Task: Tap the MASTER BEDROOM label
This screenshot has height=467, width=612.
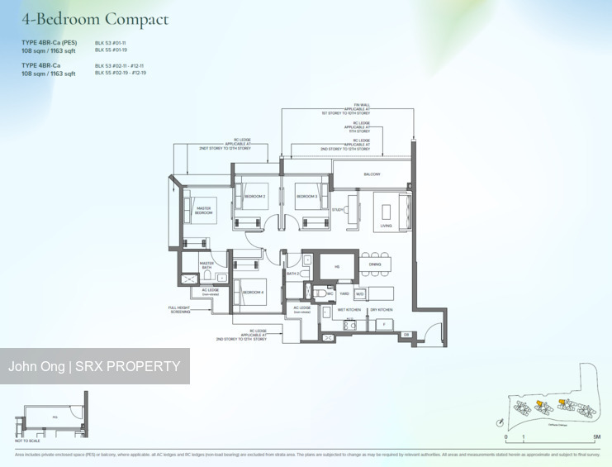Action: pos(203,211)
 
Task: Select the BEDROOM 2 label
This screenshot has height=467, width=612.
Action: pos(254,197)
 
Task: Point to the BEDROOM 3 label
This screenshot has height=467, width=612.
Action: pos(307,197)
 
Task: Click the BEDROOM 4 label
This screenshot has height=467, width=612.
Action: pos(254,292)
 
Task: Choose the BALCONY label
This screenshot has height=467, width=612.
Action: pos(372,174)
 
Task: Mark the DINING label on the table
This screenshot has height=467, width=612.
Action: pos(375,264)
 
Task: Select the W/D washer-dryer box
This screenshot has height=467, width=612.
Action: pos(359,293)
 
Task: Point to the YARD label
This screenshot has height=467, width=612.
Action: pos(344,293)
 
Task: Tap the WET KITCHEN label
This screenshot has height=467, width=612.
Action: pos(349,310)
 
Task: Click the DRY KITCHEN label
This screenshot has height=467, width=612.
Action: pos(381,310)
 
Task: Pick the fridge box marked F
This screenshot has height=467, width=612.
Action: pos(382,324)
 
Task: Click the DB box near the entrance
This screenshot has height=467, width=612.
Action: pos(406,335)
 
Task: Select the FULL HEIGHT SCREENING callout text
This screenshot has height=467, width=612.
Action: pos(180,310)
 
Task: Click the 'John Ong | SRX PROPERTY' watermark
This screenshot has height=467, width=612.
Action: pos(94,366)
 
